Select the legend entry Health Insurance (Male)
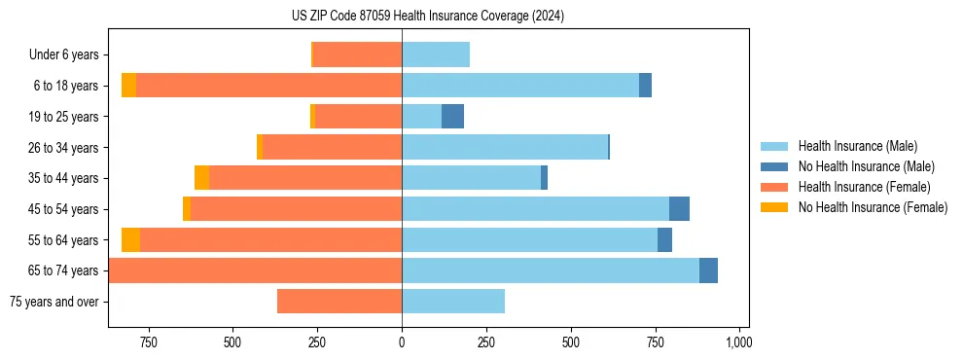857,146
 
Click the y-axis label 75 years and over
54,302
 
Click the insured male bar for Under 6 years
436,55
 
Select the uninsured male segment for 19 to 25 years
452,117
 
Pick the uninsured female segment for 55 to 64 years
130,239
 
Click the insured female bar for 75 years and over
339,302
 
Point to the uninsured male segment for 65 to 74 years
708,270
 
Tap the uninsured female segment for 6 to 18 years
128,86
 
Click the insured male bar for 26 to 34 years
505,147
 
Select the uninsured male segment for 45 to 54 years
679,209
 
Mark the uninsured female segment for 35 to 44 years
201,178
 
